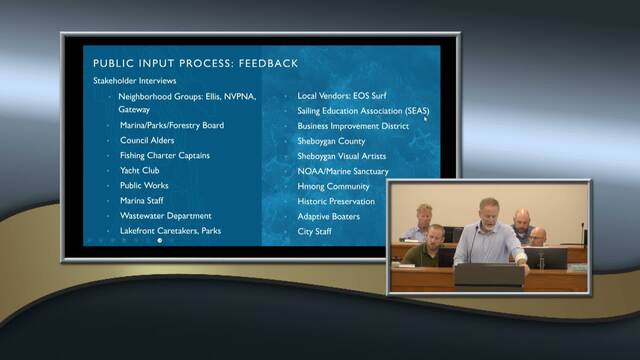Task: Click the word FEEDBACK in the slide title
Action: [x=268, y=63]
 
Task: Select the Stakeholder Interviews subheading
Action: [x=135, y=81]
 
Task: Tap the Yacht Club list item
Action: [x=140, y=170]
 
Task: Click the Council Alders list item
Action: [x=147, y=140]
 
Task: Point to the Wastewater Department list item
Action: [x=166, y=216]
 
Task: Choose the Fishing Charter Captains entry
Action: [x=165, y=156]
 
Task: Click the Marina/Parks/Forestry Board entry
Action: [x=172, y=125]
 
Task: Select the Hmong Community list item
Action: [x=333, y=187]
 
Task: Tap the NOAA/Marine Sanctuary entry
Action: [x=343, y=171]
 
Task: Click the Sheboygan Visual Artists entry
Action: [x=342, y=156]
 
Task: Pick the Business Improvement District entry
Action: [x=353, y=126]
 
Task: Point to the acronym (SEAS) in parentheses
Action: [x=417, y=111]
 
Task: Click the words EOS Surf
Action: [x=370, y=96]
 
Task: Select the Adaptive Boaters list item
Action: [x=329, y=217]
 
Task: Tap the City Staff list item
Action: [x=314, y=231]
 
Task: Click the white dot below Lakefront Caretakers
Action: [x=160, y=240]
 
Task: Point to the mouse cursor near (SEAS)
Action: [x=425, y=119]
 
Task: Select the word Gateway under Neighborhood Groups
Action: [x=134, y=109]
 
